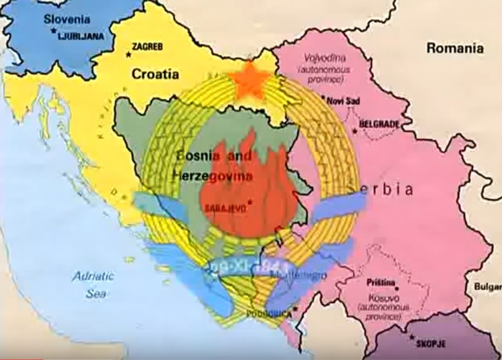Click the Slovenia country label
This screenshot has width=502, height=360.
67,20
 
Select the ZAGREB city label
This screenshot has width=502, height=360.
148,46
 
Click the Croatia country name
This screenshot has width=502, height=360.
155,74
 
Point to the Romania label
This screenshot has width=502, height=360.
455,48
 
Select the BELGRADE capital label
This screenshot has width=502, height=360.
379,124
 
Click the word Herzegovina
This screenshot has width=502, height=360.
213,176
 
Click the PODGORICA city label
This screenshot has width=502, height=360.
269,313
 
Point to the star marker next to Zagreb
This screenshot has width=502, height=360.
128,55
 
